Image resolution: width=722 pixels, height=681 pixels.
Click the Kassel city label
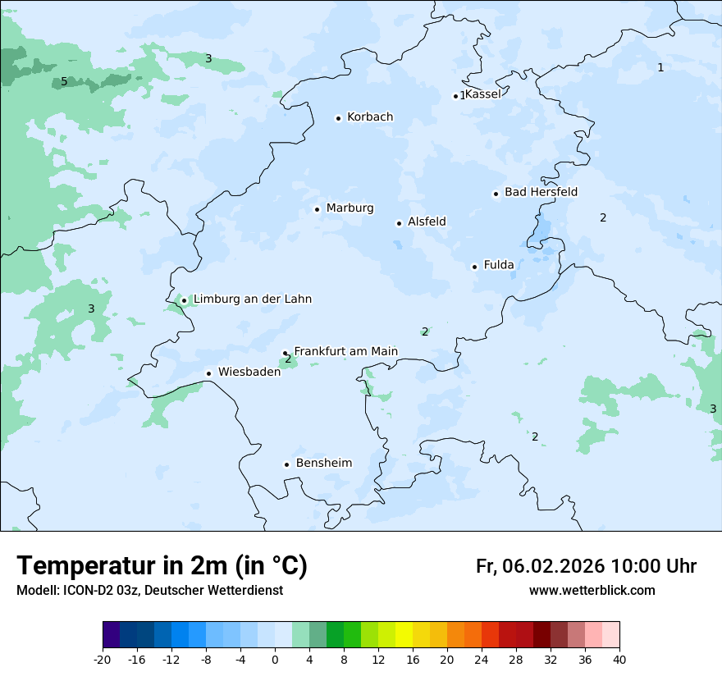coord(482,94)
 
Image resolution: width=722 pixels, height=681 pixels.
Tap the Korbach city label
coord(370,117)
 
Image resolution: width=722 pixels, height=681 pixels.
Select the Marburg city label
coord(350,208)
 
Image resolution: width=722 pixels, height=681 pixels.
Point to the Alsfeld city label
coord(427,222)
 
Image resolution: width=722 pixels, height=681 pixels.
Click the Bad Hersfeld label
coord(541,192)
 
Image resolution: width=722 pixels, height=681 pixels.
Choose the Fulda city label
coord(499,265)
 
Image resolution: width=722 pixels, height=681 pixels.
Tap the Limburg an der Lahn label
coord(252,299)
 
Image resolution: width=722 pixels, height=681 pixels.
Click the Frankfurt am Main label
coord(345,351)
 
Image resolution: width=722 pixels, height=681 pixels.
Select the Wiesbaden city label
coord(249,372)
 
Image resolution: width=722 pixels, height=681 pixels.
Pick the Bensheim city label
coord(323,463)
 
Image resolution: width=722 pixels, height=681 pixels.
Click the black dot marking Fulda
coord(474,267)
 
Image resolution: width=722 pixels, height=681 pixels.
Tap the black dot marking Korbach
coord(338,118)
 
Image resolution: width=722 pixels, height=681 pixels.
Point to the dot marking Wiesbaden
coord(209,373)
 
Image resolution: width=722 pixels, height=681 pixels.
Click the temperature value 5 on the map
coord(64,82)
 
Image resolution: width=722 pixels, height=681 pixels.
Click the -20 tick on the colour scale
coord(103,660)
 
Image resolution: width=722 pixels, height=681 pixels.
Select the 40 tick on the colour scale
coord(619,660)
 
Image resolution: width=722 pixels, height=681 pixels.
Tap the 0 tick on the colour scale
coord(275,660)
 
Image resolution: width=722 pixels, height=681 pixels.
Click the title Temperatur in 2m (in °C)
coord(162,566)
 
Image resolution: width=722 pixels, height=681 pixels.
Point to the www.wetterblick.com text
coord(592,591)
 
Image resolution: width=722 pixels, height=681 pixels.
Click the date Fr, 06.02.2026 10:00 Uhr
coord(586,566)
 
